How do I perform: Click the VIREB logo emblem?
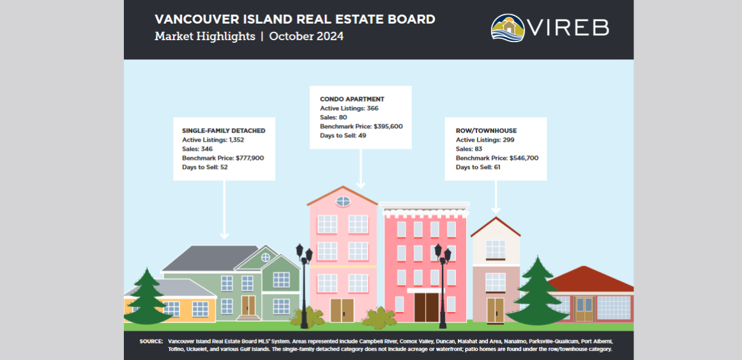coord(508,28)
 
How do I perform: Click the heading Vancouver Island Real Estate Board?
coord(295,19)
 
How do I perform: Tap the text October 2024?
coord(306,36)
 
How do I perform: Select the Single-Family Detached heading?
coord(223,131)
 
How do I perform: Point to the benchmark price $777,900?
coord(250,158)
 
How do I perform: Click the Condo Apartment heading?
coord(352,100)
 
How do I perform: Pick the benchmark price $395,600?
coord(388,127)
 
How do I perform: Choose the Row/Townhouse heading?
coord(486,131)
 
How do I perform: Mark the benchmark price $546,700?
coord(524,158)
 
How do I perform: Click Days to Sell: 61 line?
coord(478,167)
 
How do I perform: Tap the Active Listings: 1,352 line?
coord(213,140)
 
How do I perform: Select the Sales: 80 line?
coord(333,118)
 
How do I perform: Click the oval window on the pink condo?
coord(343,202)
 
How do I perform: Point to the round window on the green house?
coord(266,257)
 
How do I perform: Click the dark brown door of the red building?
coord(425,308)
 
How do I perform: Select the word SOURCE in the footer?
coord(151,341)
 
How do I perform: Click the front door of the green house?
coord(248,306)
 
